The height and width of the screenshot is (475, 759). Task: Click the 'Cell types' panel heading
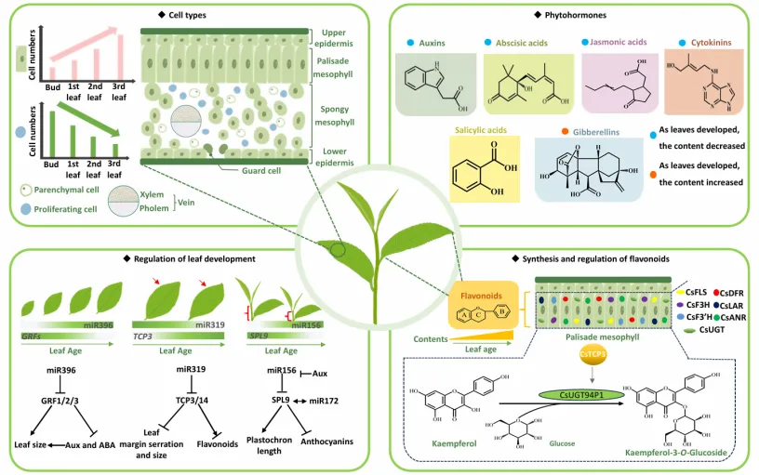pyautogui.click(x=181, y=15)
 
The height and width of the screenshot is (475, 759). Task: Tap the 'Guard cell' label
pyautogui.click(x=252, y=169)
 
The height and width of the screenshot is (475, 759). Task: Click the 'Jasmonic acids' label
pyautogui.click(x=617, y=43)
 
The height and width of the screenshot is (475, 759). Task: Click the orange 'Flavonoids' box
pyautogui.click(x=484, y=307)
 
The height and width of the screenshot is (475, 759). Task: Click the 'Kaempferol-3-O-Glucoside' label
pyautogui.click(x=674, y=452)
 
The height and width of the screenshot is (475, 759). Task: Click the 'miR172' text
pyautogui.click(x=326, y=400)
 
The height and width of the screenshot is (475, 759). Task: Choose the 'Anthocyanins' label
pyautogui.click(x=326, y=441)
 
